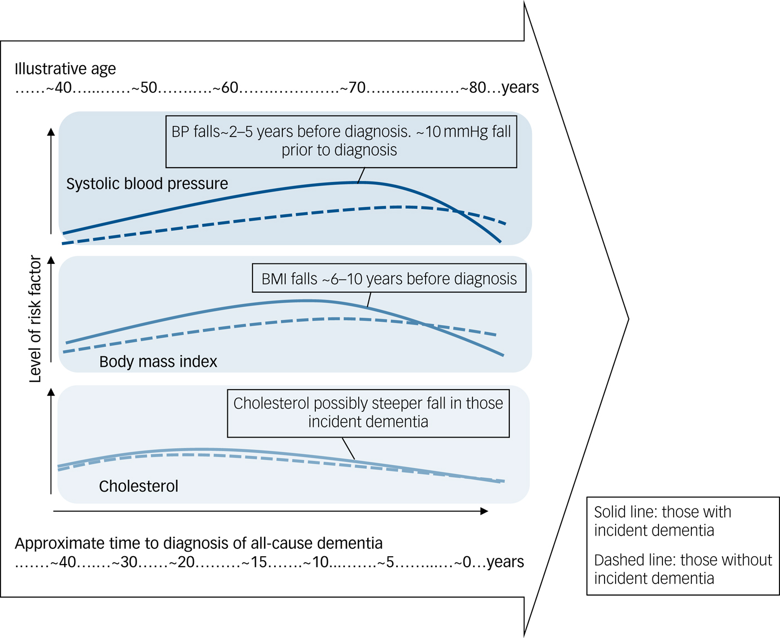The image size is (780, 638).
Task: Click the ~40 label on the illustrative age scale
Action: [59, 88]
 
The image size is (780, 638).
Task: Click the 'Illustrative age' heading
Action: [65, 69]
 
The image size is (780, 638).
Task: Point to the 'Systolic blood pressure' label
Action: [147, 184]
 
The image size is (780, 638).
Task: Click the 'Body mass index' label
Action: [158, 362]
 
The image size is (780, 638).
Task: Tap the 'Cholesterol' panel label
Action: [139, 487]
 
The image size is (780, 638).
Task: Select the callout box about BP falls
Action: [341, 141]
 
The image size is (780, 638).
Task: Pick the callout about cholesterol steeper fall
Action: [368, 413]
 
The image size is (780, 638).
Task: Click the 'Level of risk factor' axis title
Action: [35, 319]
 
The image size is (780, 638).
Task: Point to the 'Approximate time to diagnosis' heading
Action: [198, 543]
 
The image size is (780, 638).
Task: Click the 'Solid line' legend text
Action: [662, 521]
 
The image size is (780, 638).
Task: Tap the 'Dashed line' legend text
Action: [683, 569]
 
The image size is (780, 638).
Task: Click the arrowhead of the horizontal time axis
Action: [485, 511]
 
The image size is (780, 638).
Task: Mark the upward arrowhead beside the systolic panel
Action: [51, 132]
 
